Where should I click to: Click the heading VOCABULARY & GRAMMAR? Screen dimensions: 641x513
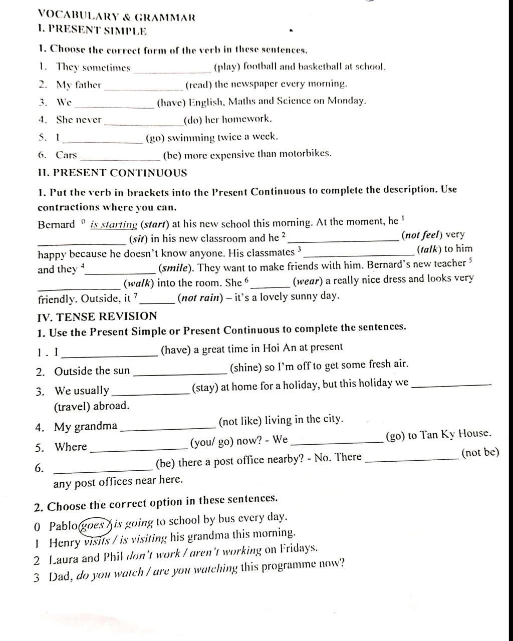point(116,17)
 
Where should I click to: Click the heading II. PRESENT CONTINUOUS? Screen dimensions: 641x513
point(112,173)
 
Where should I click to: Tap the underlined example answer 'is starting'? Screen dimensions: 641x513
point(114,224)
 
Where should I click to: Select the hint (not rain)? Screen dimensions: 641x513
point(199,297)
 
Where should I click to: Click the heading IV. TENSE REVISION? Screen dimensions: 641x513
point(97,316)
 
